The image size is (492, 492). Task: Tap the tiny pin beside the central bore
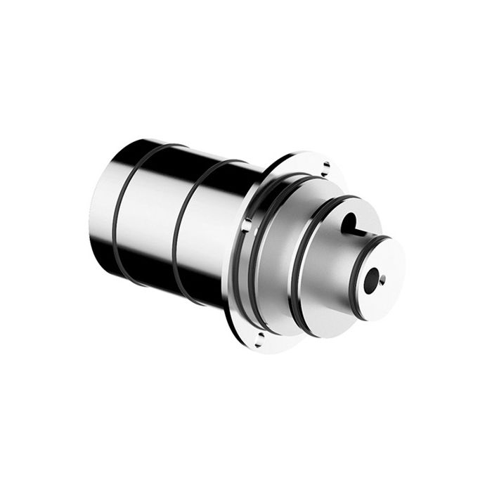382,281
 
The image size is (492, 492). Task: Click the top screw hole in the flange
326,166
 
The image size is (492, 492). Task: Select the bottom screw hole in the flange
259,344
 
